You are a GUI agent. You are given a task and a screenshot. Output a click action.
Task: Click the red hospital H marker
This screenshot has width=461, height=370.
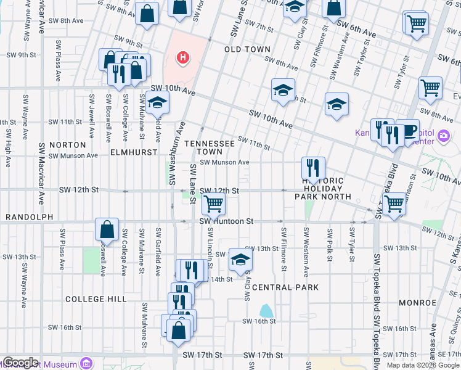click(x=182, y=59)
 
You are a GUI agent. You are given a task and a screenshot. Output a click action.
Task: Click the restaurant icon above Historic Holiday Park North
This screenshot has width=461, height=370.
click(x=313, y=167)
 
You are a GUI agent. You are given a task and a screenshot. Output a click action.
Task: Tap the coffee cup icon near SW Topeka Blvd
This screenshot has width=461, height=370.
click(x=407, y=130)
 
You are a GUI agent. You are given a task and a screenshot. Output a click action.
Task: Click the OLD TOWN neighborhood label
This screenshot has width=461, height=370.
click(x=247, y=49)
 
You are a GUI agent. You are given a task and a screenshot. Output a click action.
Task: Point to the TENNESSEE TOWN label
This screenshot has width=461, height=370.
click(x=209, y=147)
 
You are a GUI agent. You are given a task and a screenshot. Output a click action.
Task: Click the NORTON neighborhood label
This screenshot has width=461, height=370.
click(x=71, y=144)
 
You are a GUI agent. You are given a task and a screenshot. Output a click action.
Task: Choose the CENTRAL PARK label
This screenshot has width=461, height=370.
click(x=285, y=287)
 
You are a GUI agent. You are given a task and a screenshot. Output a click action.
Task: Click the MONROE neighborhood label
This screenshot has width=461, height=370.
click(x=417, y=303)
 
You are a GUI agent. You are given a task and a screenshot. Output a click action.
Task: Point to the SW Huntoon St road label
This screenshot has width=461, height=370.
click(x=226, y=221)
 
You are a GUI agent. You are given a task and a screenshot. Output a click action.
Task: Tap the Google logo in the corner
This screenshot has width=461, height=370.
click(x=20, y=363)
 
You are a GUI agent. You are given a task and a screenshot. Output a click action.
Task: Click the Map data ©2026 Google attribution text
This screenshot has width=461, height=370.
click(x=423, y=365)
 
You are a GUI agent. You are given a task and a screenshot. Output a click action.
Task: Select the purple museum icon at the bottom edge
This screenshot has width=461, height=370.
click(x=86, y=364)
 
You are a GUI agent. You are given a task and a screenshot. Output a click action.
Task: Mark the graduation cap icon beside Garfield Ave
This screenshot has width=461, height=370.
click(x=157, y=102)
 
